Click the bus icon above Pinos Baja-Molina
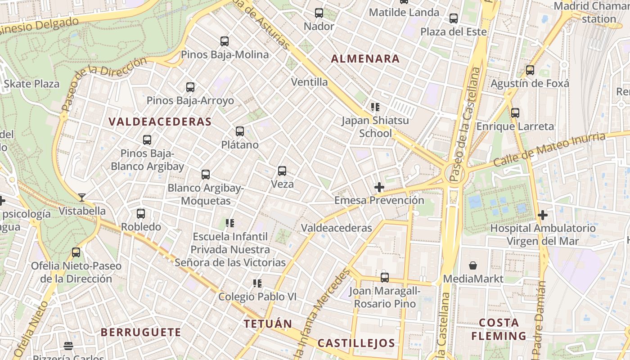click(225, 41)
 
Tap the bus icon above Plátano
click(240, 131)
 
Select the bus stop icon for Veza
click(282, 171)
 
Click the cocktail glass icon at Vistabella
click(81, 197)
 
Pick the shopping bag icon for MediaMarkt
click(473, 265)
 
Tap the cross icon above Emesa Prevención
click(379, 187)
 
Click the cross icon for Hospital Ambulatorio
click(543, 215)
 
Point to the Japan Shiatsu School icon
click(375, 107)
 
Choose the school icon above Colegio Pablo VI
click(257, 283)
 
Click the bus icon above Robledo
click(141, 214)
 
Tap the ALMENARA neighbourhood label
click(365, 58)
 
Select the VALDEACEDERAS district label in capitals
click(160, 121)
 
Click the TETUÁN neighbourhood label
click(268, 324)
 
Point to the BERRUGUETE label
click(141, 333)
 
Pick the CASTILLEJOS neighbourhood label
click(356, 343)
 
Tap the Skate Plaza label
click(31, 84)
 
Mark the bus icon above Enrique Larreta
click(515, 112)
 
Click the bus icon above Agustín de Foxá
click(530, 70)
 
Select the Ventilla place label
click(310, 82)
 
